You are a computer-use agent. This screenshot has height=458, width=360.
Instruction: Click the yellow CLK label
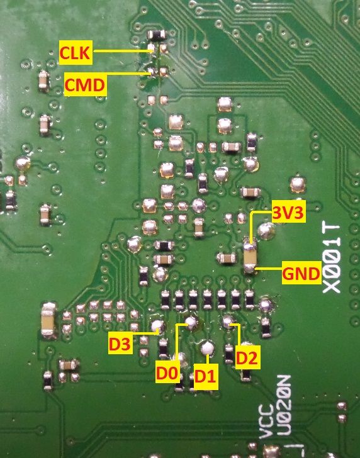pos(76,52)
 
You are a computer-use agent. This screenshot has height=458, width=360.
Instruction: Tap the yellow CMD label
pos(85,84)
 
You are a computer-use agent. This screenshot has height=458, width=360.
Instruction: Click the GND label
pos(301,273)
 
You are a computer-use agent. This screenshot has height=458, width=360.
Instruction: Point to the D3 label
pos(119,343)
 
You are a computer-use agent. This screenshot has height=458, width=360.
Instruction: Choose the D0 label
pos(167,372)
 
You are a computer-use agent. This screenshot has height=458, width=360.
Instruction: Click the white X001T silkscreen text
pos(332,258)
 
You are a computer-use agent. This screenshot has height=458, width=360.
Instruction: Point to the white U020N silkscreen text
pos(283,405)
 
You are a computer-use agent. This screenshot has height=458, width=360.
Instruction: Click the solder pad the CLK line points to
pos(151,48)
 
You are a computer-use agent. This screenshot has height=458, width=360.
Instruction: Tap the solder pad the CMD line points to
pos(151,71)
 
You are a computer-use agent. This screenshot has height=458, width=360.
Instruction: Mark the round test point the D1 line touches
pos(208,347)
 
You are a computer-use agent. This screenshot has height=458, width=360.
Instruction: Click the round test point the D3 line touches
pos(158,326)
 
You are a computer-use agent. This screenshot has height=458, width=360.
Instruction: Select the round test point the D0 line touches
pos(191,322)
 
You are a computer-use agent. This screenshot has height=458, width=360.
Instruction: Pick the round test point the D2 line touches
pos(228,321)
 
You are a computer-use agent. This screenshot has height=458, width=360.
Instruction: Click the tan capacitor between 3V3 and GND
pos(250,255)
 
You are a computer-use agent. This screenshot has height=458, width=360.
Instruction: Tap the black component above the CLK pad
pos(157,35)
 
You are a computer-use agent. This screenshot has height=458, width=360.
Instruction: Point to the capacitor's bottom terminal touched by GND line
pos(250,268)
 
